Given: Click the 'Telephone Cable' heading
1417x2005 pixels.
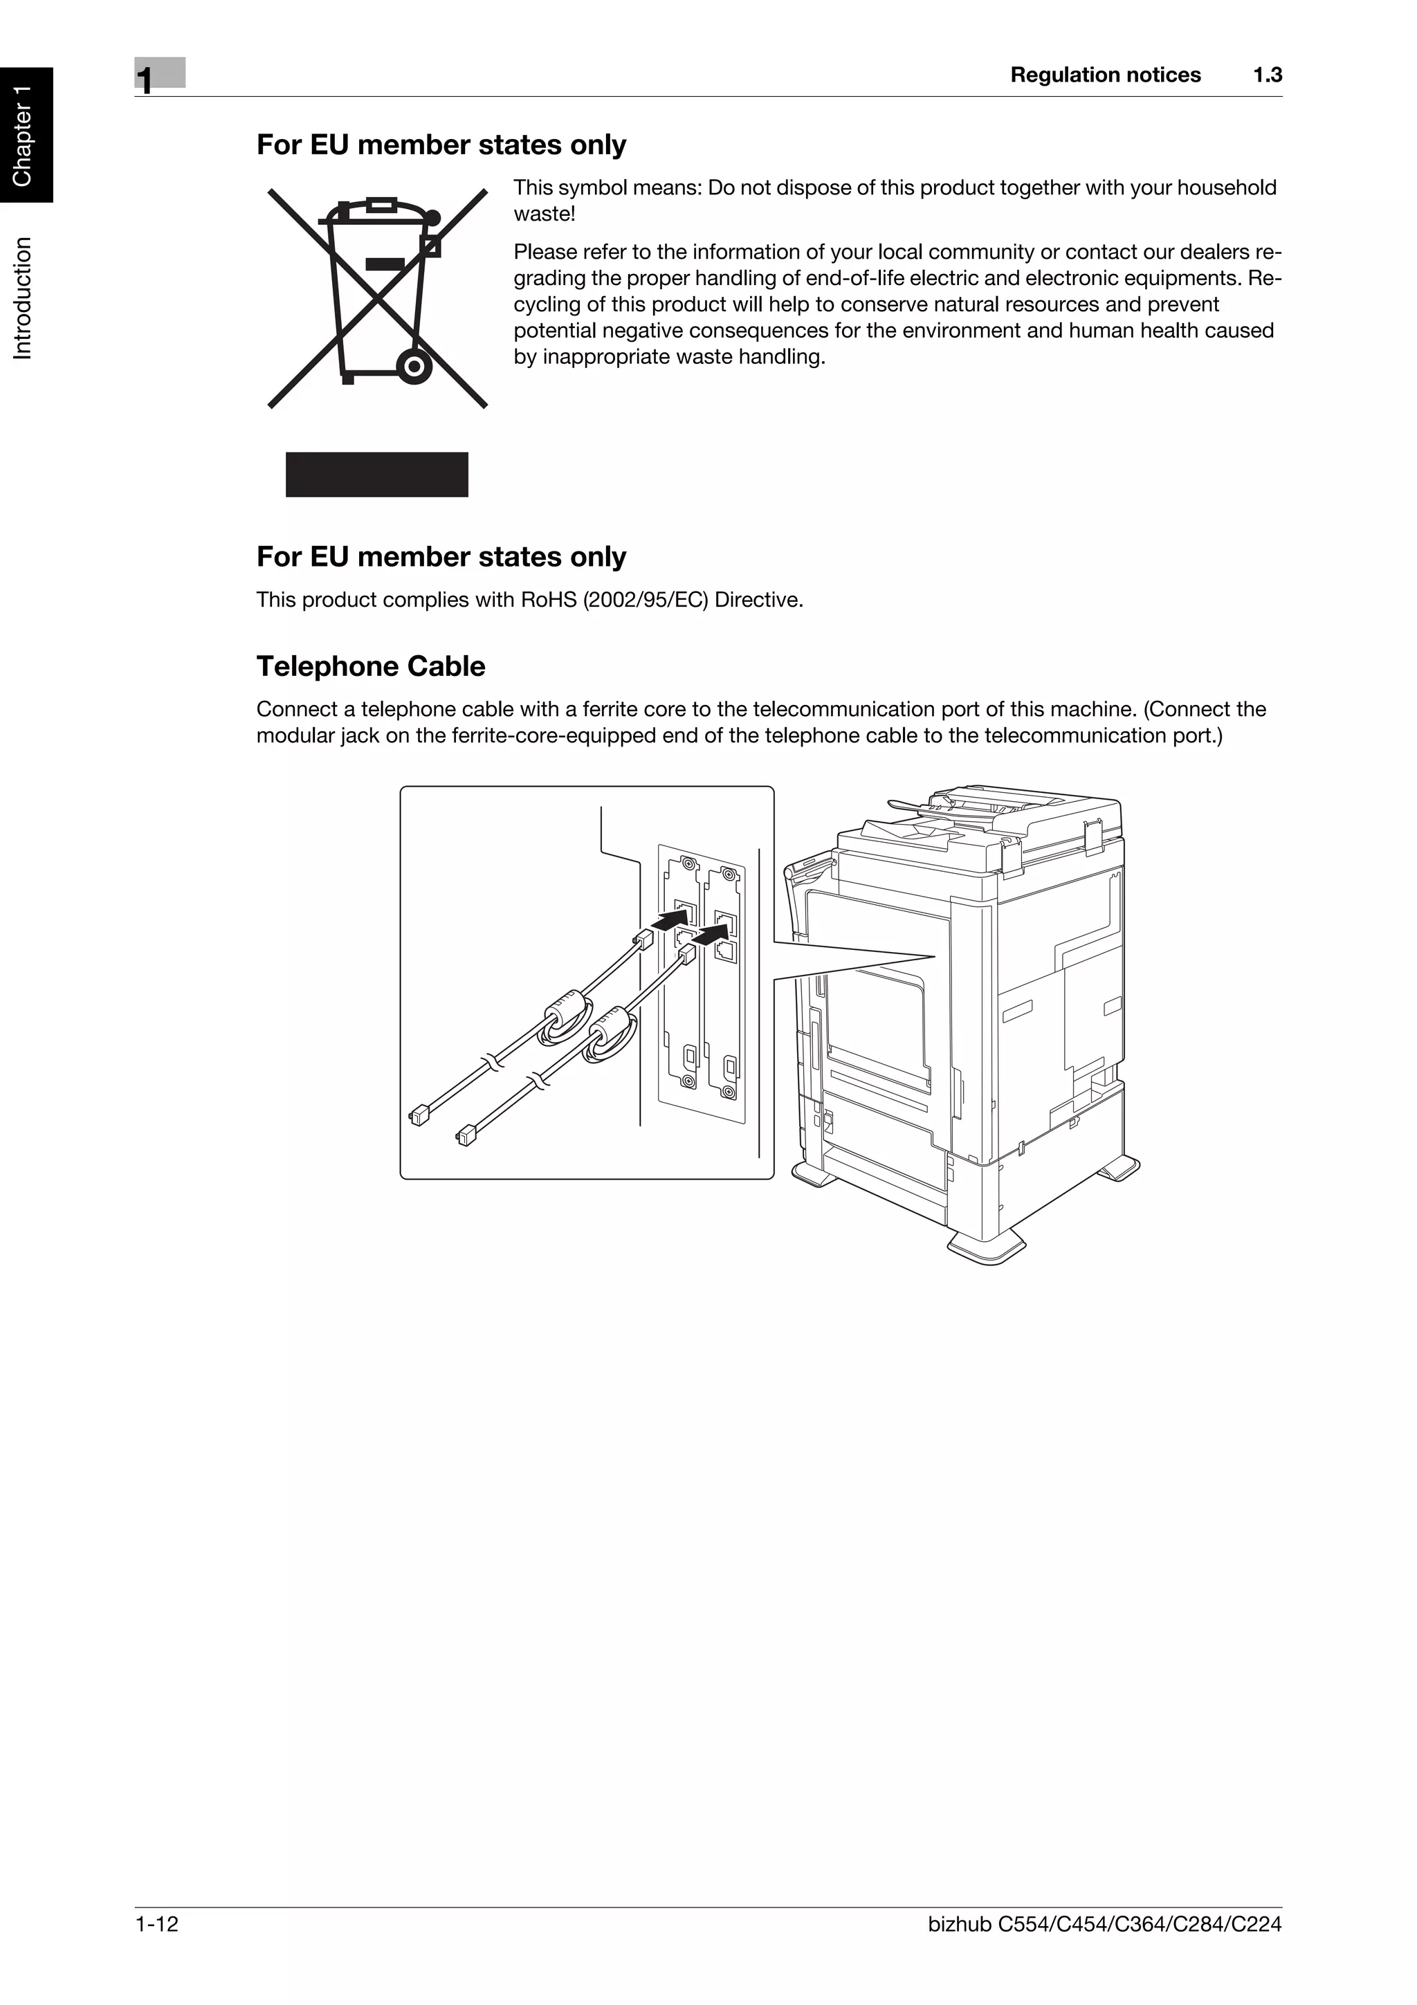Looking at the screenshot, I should coord(370,666).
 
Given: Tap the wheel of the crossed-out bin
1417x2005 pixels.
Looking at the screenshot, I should coord(413,365).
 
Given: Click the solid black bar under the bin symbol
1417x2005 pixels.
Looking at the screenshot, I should coord(376,474).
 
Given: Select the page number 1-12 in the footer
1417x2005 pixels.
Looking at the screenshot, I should coord(157,1948).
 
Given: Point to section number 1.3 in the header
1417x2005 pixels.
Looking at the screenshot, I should coord(1267,75).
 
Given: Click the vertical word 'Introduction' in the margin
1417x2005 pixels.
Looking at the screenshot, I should coord(24,297).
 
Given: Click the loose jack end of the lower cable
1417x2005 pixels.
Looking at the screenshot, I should coord(464,1135).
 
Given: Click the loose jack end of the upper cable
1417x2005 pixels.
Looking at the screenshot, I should coord(418,1115).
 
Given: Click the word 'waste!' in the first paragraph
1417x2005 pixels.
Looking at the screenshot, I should coord(544,214).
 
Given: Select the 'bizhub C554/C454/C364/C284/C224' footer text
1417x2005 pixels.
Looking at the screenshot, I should coord(1104,1948).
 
